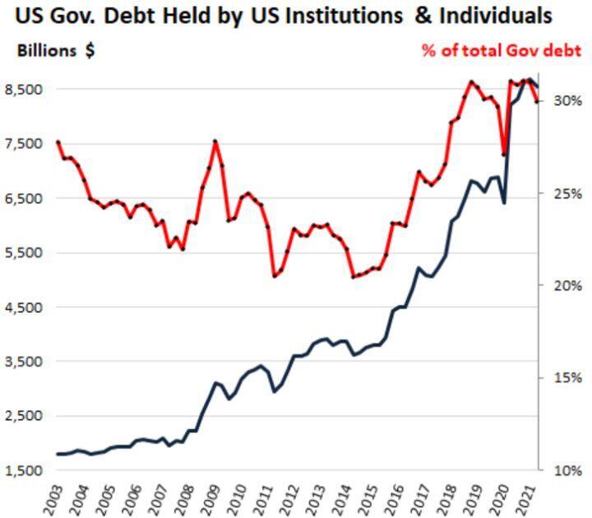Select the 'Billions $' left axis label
pos(55,50)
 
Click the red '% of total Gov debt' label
pos(502,50)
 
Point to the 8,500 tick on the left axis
pos(25,89)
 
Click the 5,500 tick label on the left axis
pos(25,253)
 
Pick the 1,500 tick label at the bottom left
pos(25,470)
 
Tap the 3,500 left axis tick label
pos(25,362)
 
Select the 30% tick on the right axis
pos(567,100)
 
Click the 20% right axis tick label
pos(567,286)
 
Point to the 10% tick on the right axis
pos(567,470)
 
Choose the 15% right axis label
pos(567,378)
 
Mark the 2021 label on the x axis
pos(517,498)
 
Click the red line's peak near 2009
pos(215,142)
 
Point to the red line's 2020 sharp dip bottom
pos(504,154)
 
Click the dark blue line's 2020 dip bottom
pos(504,202)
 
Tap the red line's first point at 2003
pos(58,142)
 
